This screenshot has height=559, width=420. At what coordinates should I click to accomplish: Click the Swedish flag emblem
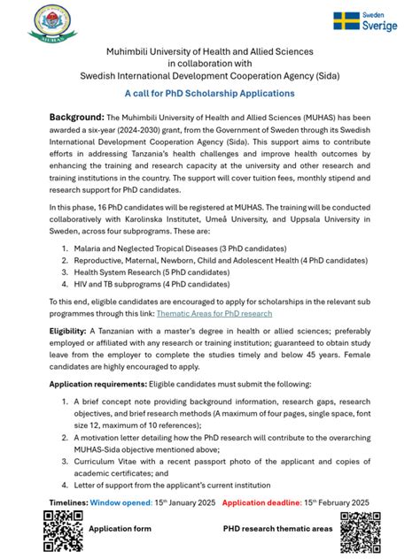click(x=346, y=21)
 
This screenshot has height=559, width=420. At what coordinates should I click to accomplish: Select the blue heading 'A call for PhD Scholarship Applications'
click(x=209, y=93)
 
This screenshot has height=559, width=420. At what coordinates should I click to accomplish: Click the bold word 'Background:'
click(x=76, y=117)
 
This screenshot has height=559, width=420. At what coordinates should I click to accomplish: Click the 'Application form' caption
click(x=120, y=529)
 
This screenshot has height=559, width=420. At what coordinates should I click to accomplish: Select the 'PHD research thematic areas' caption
click(x=277, y=529)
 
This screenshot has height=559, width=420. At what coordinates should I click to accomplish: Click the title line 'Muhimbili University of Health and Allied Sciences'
click(x=209, y=52)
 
